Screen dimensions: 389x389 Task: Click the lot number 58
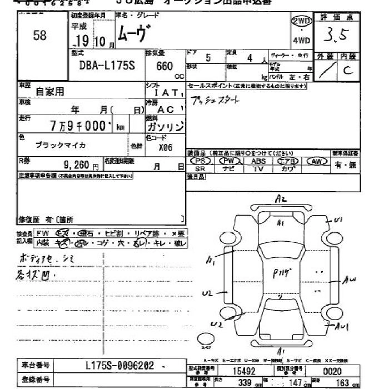(x=39, y=36)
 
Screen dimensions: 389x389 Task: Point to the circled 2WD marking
(x=301, y=21)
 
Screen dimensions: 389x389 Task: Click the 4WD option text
(x=301, y=41)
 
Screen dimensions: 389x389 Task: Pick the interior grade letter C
(x=348, y=70)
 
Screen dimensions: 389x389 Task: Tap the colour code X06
(x=165, y=148)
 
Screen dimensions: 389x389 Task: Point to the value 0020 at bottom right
(x=332, y=371)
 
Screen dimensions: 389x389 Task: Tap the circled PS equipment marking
(x=201, y=161)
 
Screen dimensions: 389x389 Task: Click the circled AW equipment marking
(x=317, y=161)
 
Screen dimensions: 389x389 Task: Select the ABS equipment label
(x=258, y=161)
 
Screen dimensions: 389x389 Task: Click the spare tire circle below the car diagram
(x=206, y=336)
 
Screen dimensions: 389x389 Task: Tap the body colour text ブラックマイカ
(x=61, y=145)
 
